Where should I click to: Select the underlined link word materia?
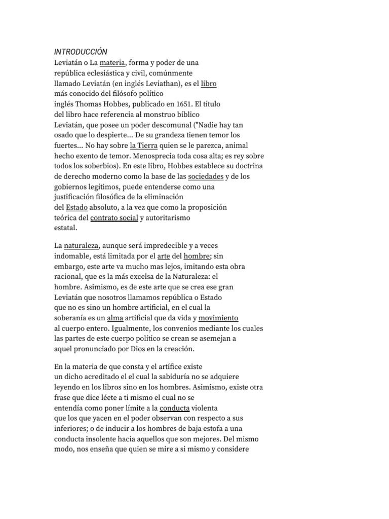pos(112,63)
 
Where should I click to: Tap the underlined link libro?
pos(209,83)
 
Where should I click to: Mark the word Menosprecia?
pos(144,156)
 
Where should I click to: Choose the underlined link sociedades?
pos(206,176)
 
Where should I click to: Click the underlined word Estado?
pos(77,207)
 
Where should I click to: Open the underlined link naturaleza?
pos(81,245)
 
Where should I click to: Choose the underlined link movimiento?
pos(218,318)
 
